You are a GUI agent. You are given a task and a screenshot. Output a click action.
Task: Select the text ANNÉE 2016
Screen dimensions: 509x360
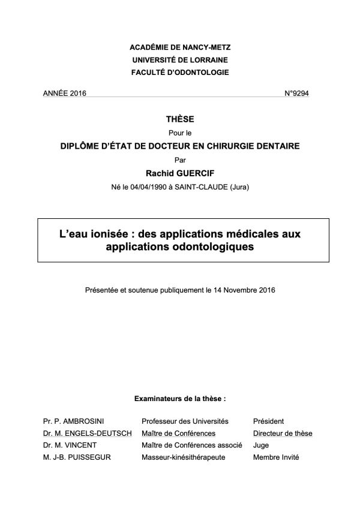tap(65, 94)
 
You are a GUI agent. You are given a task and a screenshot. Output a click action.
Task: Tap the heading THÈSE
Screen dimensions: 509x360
tap(179, 121)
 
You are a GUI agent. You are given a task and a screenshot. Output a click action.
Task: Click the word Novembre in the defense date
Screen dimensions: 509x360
tap(240, 290)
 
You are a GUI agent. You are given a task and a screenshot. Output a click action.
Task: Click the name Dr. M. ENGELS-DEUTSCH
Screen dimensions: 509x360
tap(87, 433)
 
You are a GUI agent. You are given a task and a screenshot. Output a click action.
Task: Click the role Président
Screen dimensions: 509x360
tap(269, 421)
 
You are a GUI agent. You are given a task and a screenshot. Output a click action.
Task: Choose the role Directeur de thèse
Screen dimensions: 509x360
tap(283, 433)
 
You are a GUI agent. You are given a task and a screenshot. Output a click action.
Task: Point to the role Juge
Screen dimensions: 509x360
tap(261, 445)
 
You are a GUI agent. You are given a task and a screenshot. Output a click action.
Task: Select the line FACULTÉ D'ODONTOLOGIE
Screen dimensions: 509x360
tap(179, 73)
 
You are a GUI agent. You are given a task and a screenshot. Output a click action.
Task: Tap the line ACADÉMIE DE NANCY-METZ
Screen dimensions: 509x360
tap(179, 47)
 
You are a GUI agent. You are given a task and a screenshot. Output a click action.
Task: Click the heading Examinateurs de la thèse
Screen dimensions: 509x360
tap(179, 397)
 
